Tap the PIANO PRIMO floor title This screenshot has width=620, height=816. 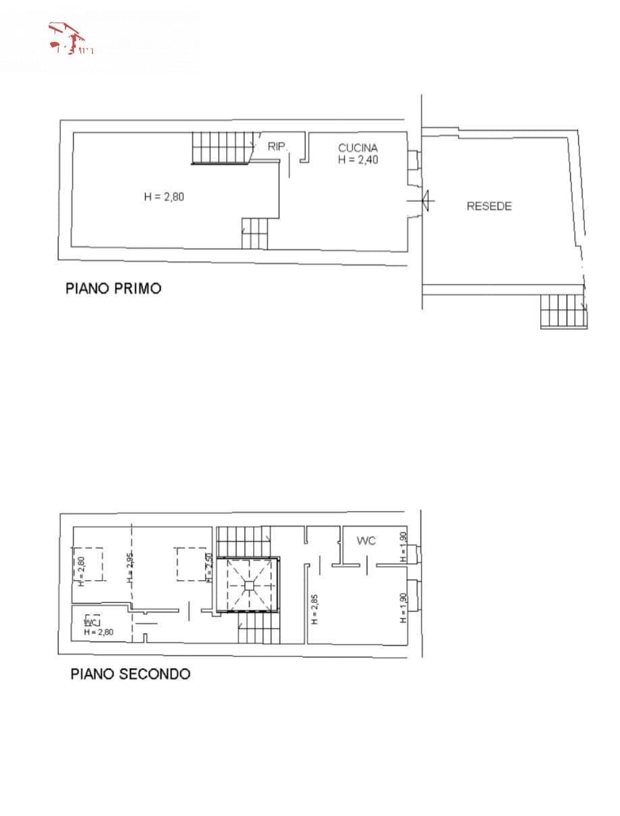113,289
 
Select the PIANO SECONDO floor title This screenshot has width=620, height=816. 130,674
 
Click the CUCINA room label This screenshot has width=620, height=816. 358,147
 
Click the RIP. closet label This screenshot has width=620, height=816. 278,146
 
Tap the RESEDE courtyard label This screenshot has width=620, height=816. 489,206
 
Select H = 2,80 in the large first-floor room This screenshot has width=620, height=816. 164,197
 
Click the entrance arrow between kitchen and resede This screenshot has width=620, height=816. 423,200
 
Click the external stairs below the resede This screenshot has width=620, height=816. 563,312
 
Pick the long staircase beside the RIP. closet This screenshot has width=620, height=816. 222,148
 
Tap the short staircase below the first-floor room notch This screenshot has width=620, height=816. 254,233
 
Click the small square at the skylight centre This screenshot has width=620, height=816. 249,585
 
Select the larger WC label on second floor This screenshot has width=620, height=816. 366,541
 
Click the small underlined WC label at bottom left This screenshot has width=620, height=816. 91,621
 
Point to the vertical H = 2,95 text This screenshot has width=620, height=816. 130,568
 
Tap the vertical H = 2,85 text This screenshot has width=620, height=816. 315,609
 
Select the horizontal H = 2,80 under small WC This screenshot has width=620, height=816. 99,632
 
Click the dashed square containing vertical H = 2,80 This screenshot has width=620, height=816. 88,564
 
